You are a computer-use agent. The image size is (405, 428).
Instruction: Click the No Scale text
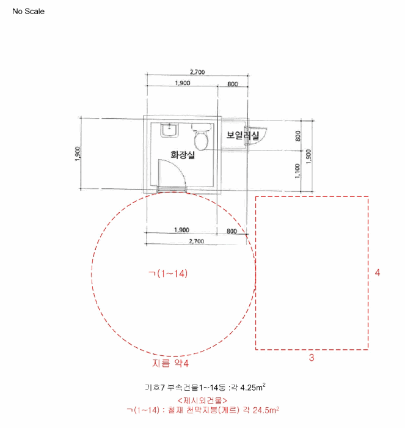click(28, 12)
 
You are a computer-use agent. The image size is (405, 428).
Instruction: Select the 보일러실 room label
click(243, 135)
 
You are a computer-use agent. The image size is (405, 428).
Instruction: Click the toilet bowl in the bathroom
click(200, 138)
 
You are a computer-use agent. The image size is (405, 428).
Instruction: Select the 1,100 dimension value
click(297, 171)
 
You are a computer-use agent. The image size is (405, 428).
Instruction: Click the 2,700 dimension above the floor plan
click(196, 73)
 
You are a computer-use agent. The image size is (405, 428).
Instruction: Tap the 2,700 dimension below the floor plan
click(196, 242)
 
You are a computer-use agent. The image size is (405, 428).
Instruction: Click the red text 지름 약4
click(171, 363)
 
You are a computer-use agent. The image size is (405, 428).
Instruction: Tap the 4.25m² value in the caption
click(250, 387)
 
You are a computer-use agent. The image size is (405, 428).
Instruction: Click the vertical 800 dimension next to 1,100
click(297, 135)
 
